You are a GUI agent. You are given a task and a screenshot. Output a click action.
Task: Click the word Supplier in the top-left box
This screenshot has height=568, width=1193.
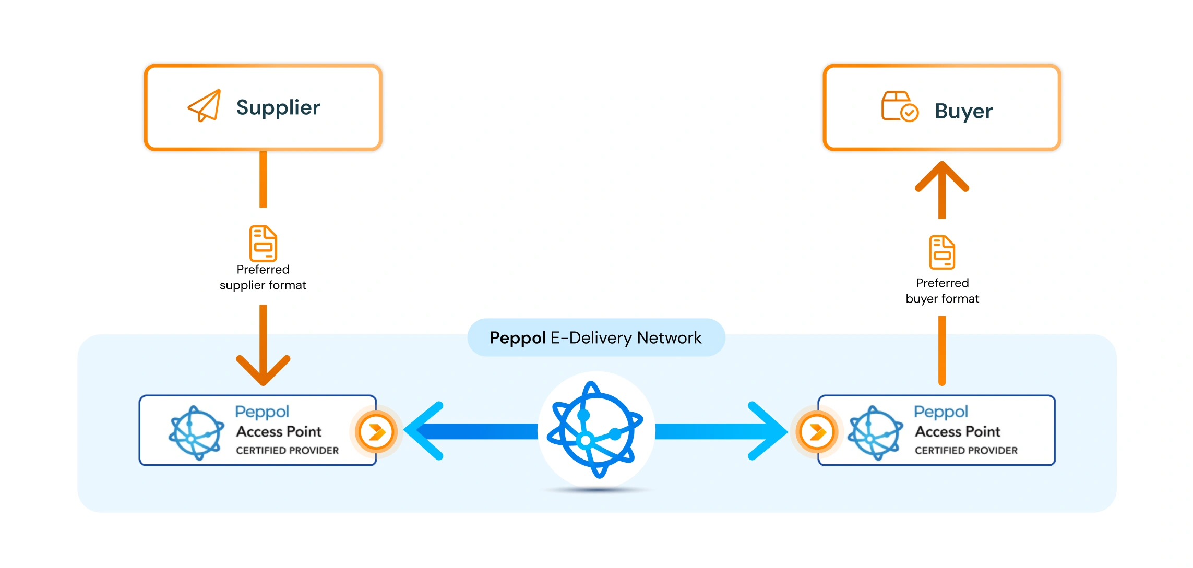tap(278, 107)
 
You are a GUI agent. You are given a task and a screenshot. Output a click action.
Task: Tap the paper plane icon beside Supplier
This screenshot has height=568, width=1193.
tap(204, 106)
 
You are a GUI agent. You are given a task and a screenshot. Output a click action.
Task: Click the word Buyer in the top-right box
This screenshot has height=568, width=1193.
tap(963, 111)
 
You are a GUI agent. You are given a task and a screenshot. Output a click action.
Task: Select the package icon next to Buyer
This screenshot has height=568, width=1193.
tap(899, 106)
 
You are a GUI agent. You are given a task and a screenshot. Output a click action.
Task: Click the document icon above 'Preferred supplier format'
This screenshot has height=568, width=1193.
tap(263, 243)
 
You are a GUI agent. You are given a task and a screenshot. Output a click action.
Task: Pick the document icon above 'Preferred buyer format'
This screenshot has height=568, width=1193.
tap(942, 252)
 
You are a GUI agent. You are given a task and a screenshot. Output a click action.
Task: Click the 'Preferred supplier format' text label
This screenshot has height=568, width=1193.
tap(263, 277)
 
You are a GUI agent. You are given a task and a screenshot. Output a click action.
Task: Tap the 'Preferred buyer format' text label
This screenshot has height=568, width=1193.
tap(942, 291)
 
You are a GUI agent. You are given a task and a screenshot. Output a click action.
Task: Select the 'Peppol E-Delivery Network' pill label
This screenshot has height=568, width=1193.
tap(595, 338)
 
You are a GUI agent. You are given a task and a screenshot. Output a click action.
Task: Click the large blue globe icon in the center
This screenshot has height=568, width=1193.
tap(595, 430)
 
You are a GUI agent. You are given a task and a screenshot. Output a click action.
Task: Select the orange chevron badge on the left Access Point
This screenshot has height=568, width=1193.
tap(376, 432)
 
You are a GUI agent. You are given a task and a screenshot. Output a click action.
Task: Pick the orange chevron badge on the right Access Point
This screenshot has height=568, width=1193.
tap(817, 432)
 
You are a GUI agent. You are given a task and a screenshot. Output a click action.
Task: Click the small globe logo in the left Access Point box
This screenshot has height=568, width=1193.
tap(196, 433)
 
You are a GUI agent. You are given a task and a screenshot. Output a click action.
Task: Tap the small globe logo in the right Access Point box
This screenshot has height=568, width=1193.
tap(875, 433)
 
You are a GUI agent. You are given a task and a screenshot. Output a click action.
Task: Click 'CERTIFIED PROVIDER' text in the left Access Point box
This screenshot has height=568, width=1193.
tap(287, 451)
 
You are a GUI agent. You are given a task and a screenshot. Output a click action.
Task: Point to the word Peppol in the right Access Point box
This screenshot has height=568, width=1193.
tap(940, 412)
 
